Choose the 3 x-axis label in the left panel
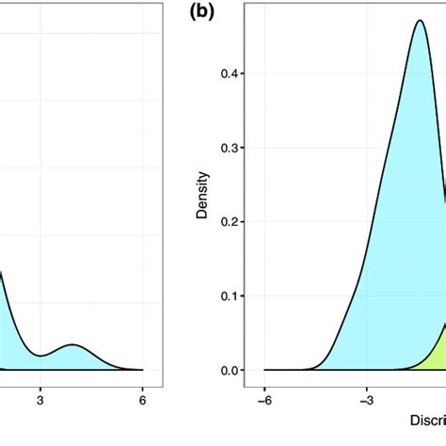tap(40, 398)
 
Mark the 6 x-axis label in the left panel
tap(142, 398)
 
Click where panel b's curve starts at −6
tap(265, 370)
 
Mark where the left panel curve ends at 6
tap(142, 370)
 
